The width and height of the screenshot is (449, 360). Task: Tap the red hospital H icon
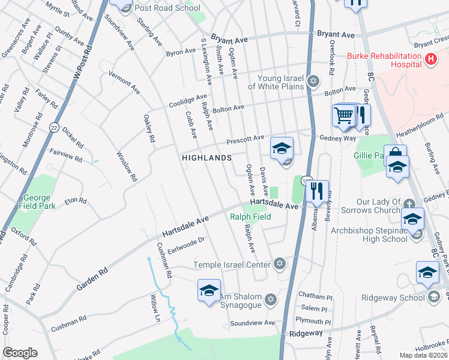point(430,59)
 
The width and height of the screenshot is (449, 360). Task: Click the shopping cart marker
point(344,115)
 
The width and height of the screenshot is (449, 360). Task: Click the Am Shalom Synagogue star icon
point(271,299)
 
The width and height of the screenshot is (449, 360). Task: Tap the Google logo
point(19,353)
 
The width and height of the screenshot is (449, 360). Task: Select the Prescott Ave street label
point(245,140)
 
